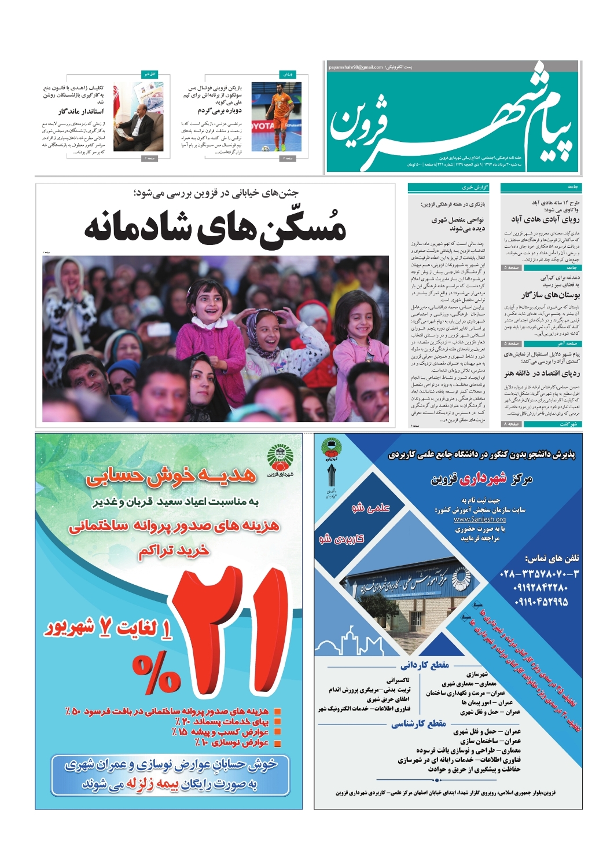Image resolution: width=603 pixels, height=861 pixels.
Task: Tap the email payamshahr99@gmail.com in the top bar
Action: coord(355,67)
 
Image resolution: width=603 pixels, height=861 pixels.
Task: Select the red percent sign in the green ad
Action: coord(156,673)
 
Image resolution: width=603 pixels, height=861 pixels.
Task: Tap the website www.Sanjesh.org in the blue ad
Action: coord(480,519)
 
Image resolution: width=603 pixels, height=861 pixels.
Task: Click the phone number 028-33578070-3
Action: coord(538,574)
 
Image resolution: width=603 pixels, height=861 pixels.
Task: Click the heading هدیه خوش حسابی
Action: coord(171,476)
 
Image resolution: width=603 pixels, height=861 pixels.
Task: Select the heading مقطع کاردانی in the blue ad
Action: coord(424,665)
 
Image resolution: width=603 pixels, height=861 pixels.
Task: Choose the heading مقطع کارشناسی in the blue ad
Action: coord(418,723)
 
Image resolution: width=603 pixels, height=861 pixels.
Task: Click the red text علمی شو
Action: coord(370,508)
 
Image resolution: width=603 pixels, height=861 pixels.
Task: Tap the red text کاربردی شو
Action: coord(341,538)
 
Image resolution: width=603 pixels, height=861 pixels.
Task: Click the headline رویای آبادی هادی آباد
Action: coord(545,219)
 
